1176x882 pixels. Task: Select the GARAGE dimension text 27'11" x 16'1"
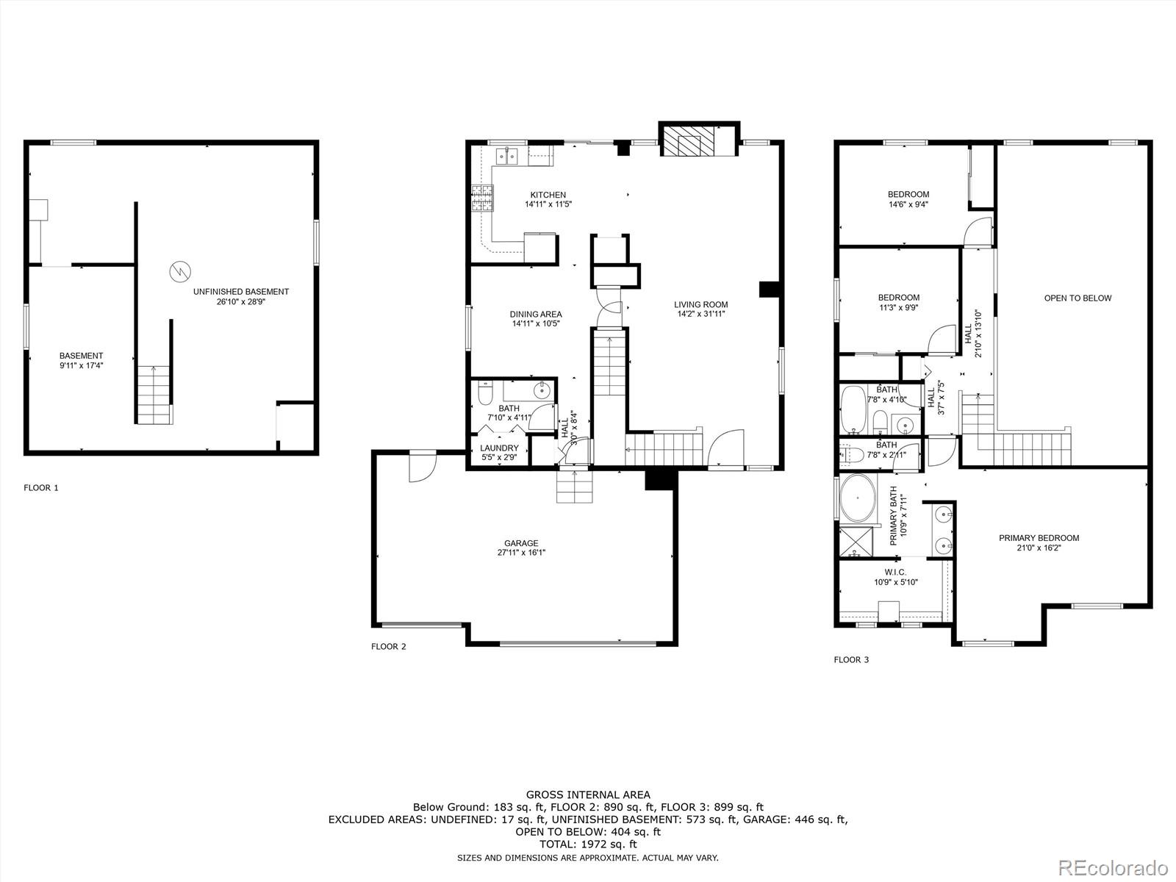coord(520,553)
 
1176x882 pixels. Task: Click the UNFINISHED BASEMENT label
coord(240,292)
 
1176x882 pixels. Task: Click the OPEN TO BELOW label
coord(1078,298)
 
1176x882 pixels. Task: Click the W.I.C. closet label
coord(895,572)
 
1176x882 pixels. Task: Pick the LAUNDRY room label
coord(499,448)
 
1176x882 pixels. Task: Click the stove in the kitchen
coord(481,198)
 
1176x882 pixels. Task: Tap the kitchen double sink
coord(507,156)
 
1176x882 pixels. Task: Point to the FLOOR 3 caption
coord(850,660)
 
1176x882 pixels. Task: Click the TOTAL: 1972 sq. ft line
coord(587,845)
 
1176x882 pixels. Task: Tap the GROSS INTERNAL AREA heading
coord(587,795)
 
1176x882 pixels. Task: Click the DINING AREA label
coord(536,315)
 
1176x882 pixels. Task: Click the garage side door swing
coord(422,467)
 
